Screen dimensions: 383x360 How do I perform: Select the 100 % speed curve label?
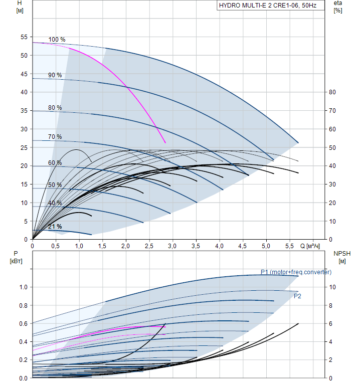(x=57, y=40)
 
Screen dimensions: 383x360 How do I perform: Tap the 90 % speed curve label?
(x=55, y=75)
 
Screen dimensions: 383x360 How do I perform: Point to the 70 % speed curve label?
(x=55, y=137)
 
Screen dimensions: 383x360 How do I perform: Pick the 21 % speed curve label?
(x=55, y=227)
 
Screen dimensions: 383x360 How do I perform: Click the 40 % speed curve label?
(x=55, y=203)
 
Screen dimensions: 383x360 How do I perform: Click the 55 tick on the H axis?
(x=24, y=37)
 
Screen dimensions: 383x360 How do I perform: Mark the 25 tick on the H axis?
(x=24, y=147)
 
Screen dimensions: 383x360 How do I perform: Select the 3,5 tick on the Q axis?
(x=196, y=246)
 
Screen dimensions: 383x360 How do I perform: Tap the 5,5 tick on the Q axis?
(x=289, y=246)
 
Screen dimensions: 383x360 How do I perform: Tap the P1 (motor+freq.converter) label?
(x=296, y=272)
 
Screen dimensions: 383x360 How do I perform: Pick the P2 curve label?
(x=297, y=296)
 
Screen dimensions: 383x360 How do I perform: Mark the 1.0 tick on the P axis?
(x=22, y=287)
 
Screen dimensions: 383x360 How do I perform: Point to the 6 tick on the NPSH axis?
(x=330, y=323)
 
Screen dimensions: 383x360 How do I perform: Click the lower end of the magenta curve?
(x=165, y=143)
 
